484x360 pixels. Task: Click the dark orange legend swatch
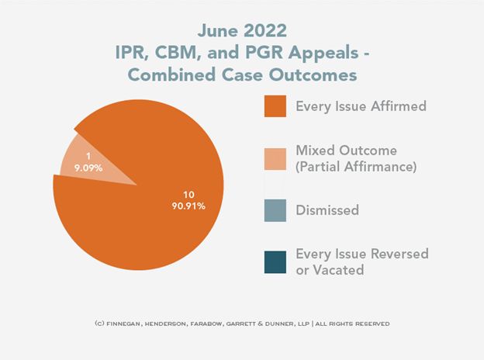click(275, 106)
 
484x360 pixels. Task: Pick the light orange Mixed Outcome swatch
click(275, 157)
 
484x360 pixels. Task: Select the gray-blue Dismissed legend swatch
click(275, 209)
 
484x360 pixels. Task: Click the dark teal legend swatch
click(275, 261)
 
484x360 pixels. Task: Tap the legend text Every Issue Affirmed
click(361, 106)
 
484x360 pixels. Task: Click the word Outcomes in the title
click(311, 76)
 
